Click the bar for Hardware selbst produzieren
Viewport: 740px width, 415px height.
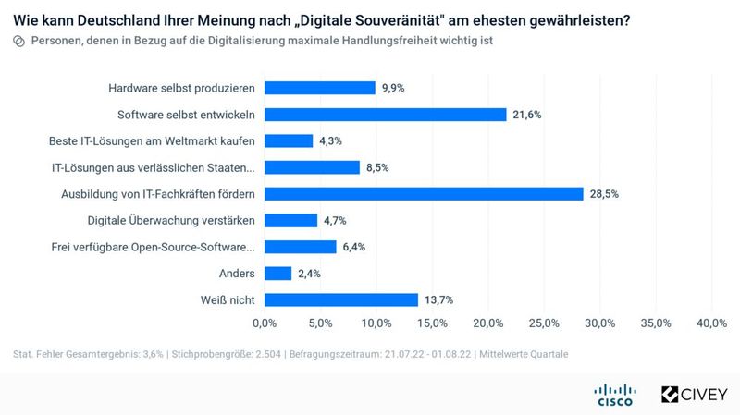[x=319, y=88]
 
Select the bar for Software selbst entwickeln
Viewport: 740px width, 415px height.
[x=385, y=115]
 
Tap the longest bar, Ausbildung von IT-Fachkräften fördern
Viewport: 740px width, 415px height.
[x=424, y=194]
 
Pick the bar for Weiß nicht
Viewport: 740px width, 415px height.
[x=341, y=299]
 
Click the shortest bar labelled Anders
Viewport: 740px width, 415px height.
[x=277, y=274]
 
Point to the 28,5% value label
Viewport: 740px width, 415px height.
[x=603, y=194]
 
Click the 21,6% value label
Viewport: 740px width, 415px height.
[x=526, y=115]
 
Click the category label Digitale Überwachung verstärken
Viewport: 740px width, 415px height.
[x=171, y=220]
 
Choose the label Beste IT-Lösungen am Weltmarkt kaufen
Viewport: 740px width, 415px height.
[x=152, y=141]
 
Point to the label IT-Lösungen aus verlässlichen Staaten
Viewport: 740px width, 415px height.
[x=153, y=167]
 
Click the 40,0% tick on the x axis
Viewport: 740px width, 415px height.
[x=711, y=323]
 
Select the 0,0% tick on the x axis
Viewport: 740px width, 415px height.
[x=265, y=323]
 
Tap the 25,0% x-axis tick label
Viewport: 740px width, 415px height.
[x=544, y=323]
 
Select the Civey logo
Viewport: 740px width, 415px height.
[x=694, y=395]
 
